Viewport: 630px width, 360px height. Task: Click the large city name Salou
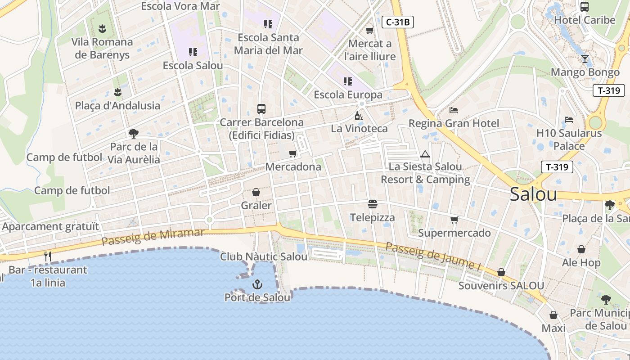(533, 194)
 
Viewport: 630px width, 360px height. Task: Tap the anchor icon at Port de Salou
(257, 284)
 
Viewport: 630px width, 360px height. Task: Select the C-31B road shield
(397, 22)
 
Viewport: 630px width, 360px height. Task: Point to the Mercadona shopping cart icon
(293, 154)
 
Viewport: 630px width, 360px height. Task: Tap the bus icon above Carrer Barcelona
(261, 108)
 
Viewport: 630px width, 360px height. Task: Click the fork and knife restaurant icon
(48, 256)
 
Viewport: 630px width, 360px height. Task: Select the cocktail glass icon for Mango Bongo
(585, 58)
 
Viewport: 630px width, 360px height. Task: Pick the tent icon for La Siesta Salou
(425, 154)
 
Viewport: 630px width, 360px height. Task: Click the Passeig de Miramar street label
(153, 237)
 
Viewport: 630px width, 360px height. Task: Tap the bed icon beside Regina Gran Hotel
(454, 110)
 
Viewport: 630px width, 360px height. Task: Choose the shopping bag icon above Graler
(256, 193)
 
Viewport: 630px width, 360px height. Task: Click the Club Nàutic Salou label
(264, 256)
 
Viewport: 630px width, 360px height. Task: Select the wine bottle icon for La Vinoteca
(359, 116)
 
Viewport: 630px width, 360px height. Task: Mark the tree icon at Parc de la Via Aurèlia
(133, 133)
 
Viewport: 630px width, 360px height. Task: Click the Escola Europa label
(348, 95)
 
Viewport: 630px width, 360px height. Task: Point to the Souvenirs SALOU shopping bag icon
(501, 273)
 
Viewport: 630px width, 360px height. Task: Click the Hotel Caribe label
(585, 20)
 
